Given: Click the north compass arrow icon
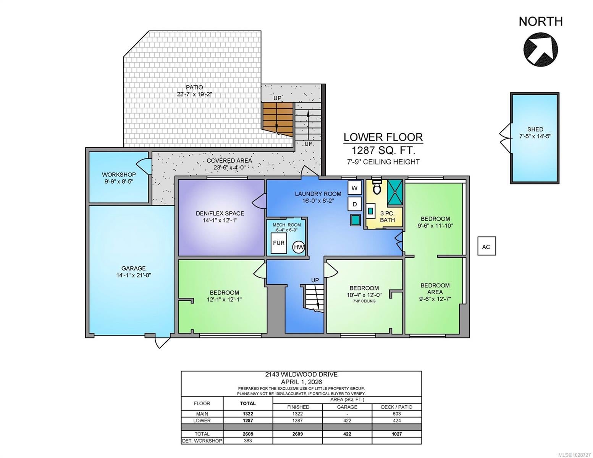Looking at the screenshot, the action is click(540, 49).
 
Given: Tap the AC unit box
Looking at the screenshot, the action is click(486, 246).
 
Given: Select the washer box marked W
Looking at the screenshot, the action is click(354, 188).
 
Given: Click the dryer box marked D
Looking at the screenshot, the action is click(354, 204).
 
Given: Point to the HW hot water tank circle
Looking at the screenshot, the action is click(299, 247).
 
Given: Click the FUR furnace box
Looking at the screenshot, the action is click(279, 243).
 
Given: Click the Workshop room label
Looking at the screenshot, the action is click(119, 174).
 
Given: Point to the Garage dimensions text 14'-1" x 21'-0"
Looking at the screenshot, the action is click(133, 275).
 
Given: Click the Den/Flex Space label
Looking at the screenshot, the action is click(220, 213).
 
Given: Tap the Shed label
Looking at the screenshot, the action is click(535, 129).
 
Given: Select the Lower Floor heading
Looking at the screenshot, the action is click(383, 137).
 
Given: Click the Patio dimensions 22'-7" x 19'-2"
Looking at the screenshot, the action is click(194, 94).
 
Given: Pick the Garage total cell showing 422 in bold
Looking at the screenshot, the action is click(347, 434).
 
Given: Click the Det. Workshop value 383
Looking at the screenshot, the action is click(248, 440).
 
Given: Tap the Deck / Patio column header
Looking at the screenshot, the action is click(396, 407).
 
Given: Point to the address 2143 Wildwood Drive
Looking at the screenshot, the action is click(301, 374).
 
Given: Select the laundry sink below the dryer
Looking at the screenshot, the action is click(355, 220).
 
